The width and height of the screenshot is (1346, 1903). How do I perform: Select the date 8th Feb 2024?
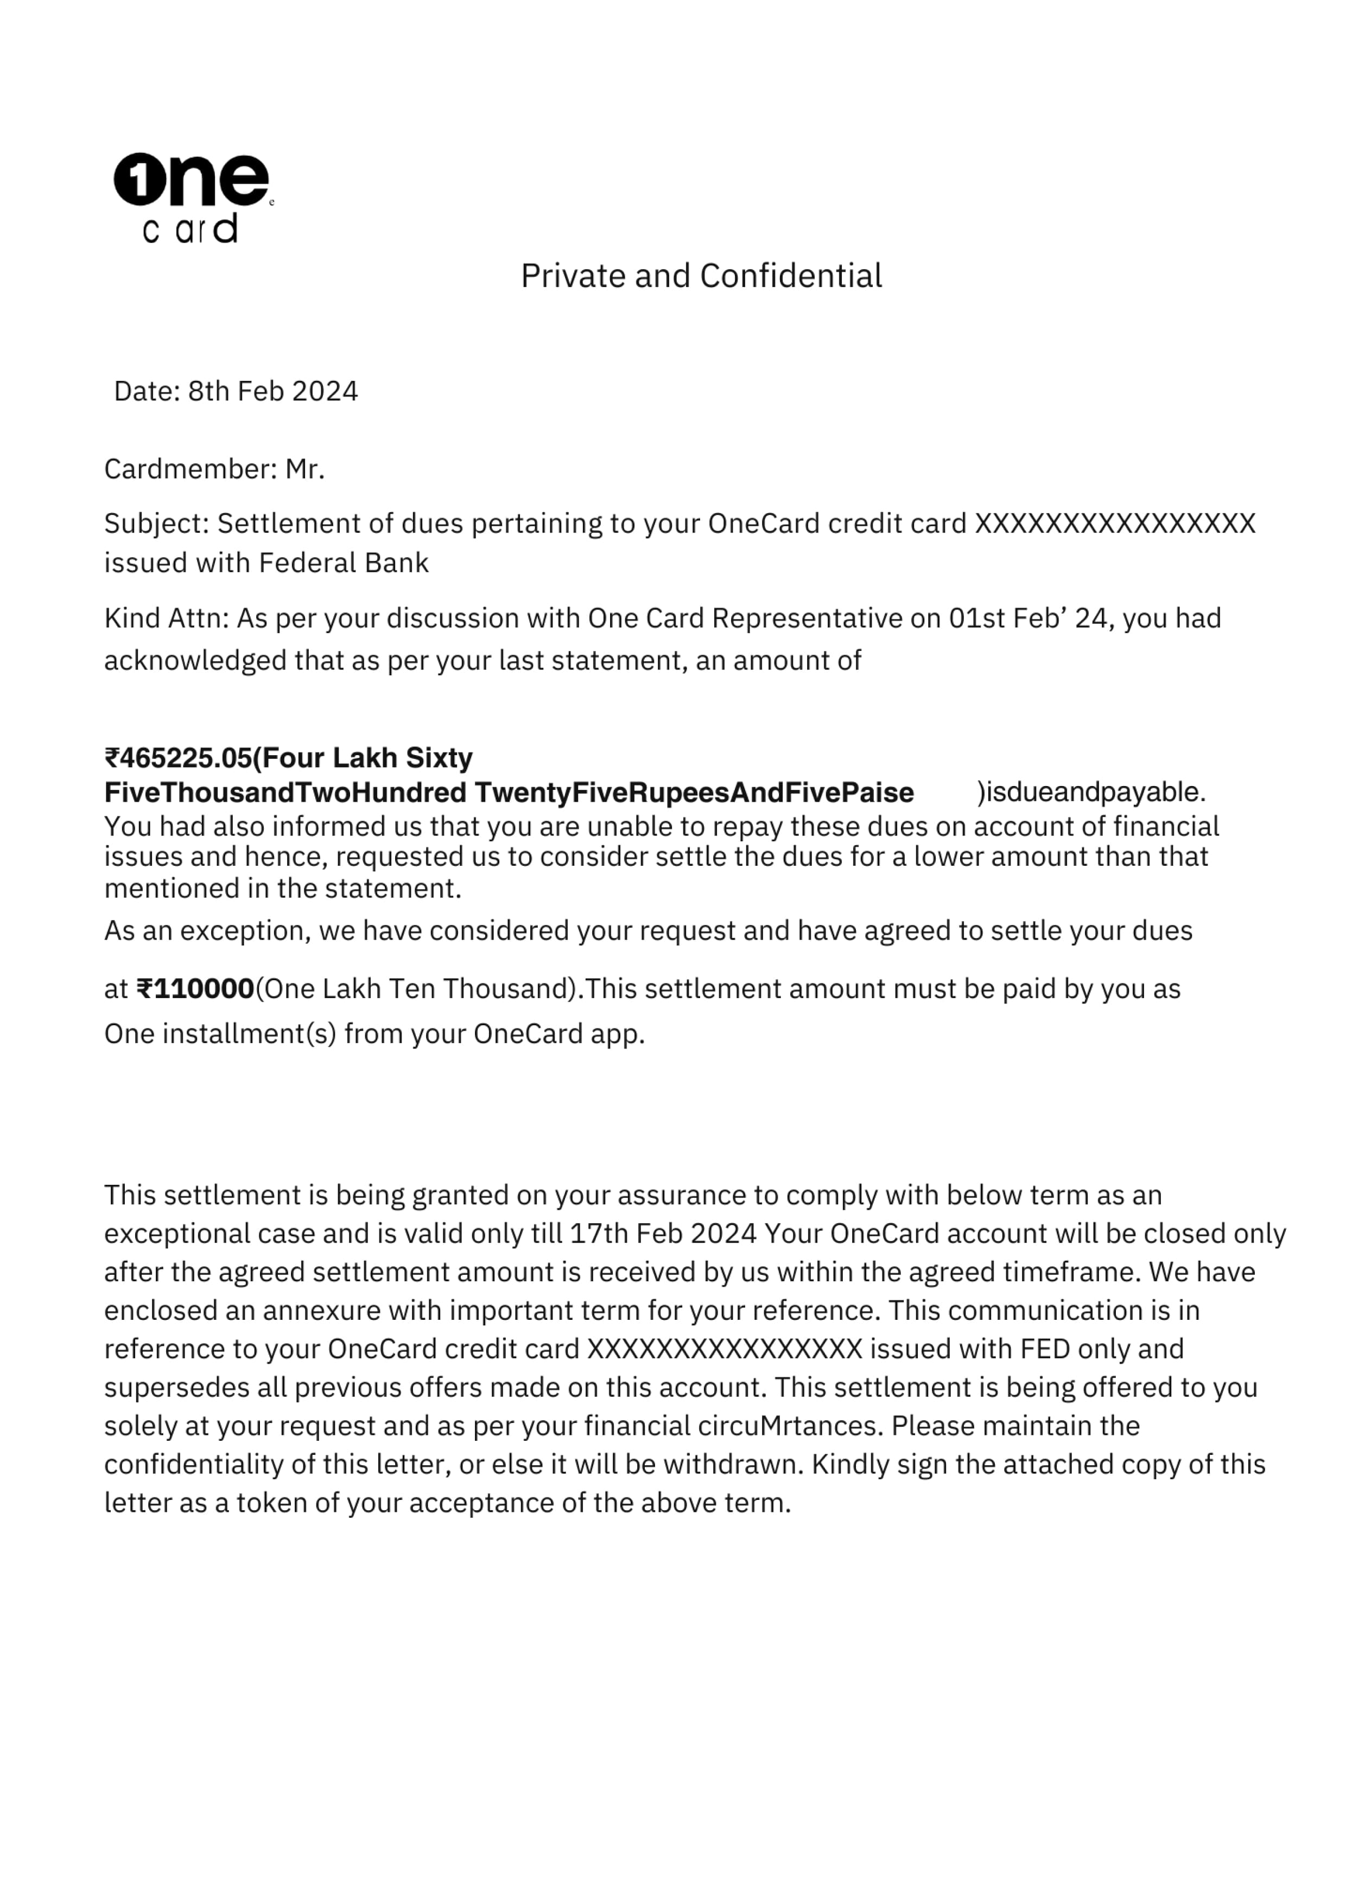click(x=273, y=391)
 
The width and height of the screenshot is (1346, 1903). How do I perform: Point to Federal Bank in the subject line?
click(x=344, y=563)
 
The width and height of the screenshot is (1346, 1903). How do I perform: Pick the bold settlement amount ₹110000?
click(x=196, y=989)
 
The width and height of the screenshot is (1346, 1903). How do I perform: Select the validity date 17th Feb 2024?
click(x=663, y=1233)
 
